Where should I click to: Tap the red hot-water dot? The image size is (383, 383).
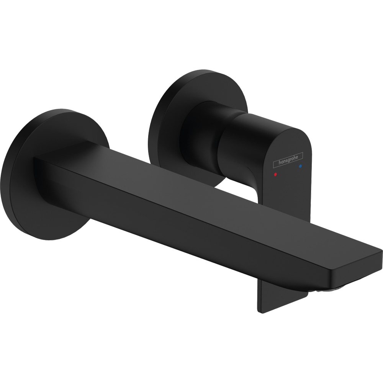pos(275,174)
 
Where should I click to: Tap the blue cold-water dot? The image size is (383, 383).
pos(300,167)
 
